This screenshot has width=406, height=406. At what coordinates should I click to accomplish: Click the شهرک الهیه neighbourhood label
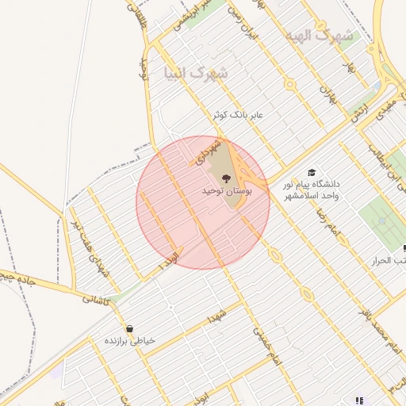(321, 36)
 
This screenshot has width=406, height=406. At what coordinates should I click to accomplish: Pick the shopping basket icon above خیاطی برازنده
(129, 328)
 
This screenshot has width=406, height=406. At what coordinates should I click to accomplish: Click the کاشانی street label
(98, 299)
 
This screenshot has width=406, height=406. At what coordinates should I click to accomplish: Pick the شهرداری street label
(205, 147)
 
